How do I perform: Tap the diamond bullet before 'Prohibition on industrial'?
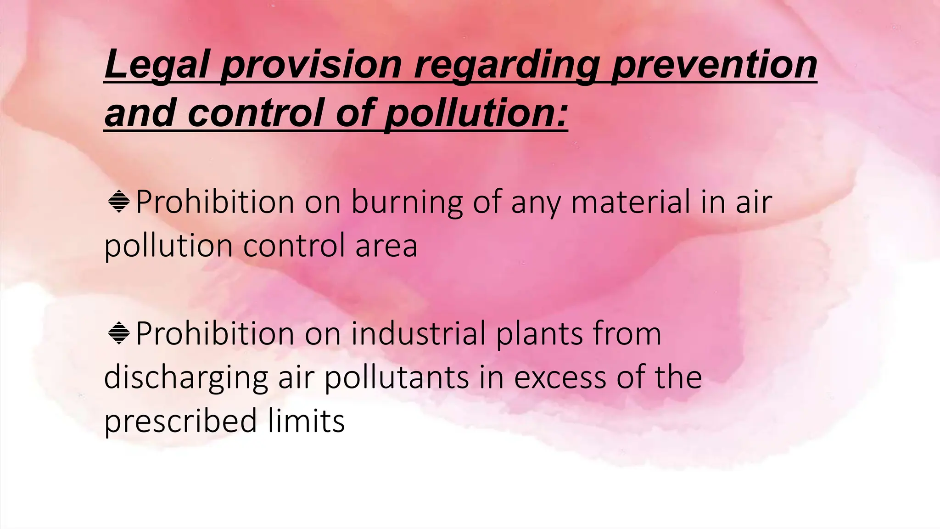(x=119, y=333)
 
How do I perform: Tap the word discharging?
(x=186, y=377)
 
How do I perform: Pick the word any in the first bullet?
(x=535, y=203)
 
